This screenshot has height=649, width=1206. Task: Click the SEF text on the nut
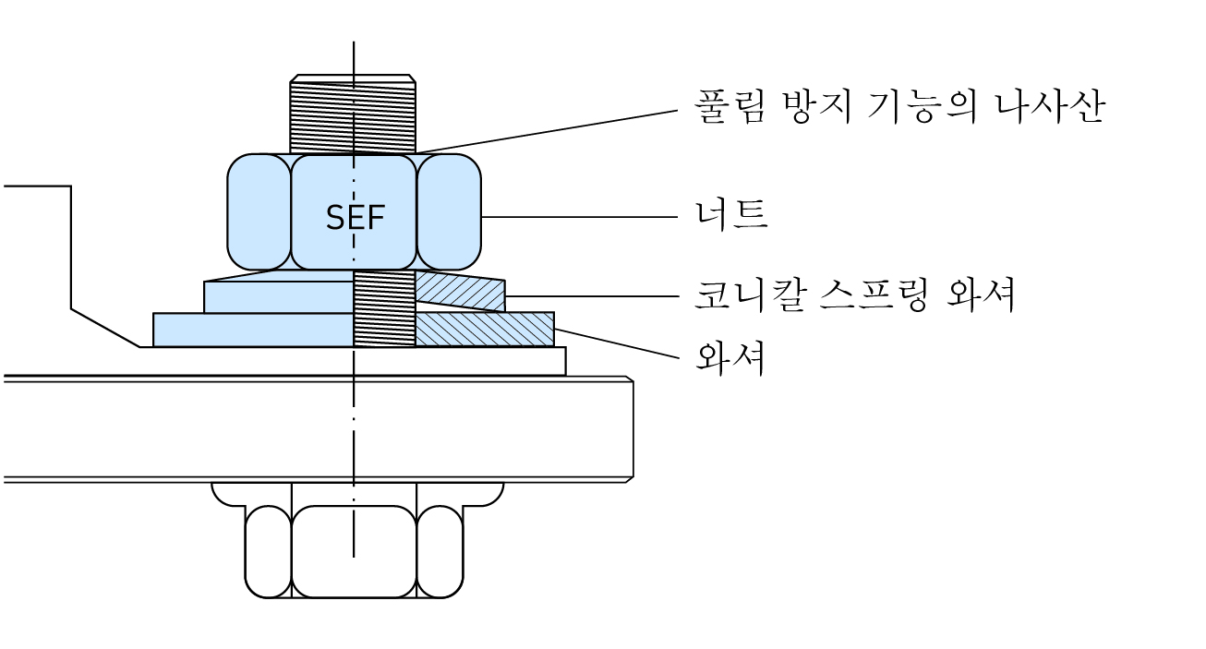pyautogui.click(x=355, y=218)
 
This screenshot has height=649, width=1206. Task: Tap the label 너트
pyautogui.click(x=730, y=216)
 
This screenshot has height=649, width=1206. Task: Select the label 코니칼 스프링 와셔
pyautogui.click(x=854, y=295)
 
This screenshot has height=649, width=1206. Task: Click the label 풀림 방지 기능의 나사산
pyautogui.click(x=898, y=107)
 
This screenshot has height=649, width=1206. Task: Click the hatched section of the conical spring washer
pyautogui.click(x=460, y=292)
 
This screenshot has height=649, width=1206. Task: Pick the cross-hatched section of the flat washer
pyautogui.click(x=484, y=330)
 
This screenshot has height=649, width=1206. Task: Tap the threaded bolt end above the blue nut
pyautogui.click(x=353, y=113)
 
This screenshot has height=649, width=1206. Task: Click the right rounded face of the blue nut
pyautogui.click(x=449, y=212)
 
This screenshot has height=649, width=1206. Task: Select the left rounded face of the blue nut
pyautogui.click(x=259, y=212)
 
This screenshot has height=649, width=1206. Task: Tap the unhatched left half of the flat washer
pyautogui.click(x=253, y=330)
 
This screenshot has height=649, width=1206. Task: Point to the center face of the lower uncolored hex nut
pyautogui.click(x=354, y=552)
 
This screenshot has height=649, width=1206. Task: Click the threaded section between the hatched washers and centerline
pyautogui.click(x=384, y=309)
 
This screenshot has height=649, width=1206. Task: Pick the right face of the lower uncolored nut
pyautogui.click(x=440, y=552)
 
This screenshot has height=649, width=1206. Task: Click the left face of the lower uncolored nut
pyautogui.click(x=268, y=552)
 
